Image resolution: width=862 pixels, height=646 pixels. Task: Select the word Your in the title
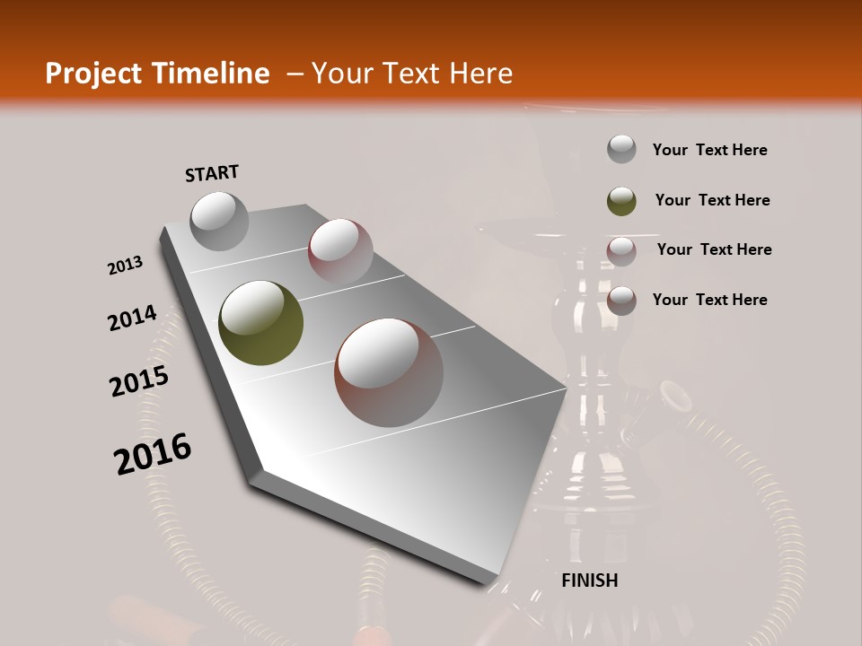[341, 74]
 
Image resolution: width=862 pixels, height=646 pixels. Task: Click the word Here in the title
[480, 74]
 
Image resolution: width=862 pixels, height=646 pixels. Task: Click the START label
[212, 173]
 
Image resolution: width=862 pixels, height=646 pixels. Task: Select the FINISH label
[590, 581]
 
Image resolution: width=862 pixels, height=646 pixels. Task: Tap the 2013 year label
[126, 266]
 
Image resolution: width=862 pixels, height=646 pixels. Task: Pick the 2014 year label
[132, 318]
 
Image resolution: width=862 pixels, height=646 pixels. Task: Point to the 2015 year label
[139, 381]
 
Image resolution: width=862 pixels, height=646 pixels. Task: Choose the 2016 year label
[153, 453]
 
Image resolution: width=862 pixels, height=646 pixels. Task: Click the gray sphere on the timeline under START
[219, 221]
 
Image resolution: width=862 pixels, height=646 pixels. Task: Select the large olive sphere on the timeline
[260, 323]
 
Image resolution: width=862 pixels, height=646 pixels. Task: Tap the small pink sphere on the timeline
[340, 250]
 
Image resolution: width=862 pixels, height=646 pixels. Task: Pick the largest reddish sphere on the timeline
[389, 372]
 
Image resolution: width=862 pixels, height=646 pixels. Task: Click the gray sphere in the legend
[621, 150]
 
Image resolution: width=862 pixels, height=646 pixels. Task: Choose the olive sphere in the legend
[621, 201]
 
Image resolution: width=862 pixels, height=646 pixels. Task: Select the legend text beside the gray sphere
[709, 150]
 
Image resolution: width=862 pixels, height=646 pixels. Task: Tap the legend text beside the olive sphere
[712, 200]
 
